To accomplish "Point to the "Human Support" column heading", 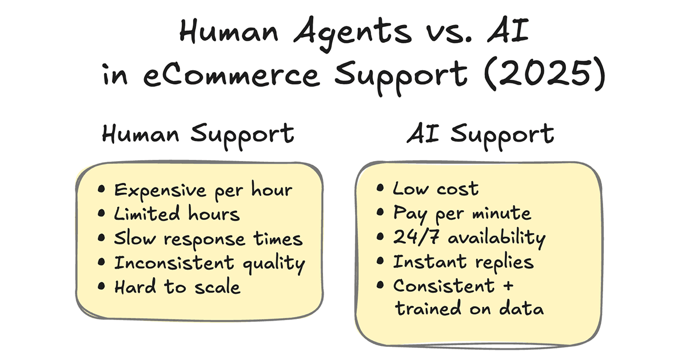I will (198, 134).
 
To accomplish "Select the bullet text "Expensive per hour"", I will (203, 190).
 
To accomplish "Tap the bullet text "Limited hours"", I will (177, 214).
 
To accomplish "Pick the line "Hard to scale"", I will (177, 286).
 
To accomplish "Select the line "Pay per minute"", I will (462, 213).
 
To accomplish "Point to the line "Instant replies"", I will (463, 261).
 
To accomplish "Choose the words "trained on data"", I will (469, 309).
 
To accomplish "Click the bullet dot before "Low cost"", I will (380, 189).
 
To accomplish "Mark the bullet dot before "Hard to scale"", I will (102, 287).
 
